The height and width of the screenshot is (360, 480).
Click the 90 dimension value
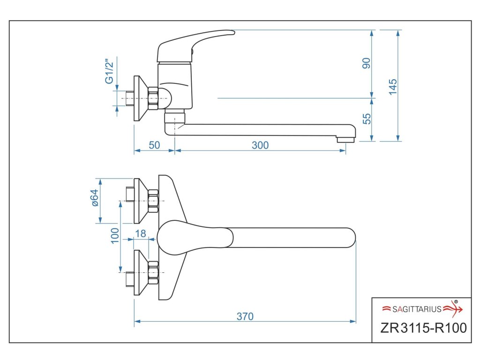coord(367,63)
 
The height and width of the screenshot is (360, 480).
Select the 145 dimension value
coord(393,87)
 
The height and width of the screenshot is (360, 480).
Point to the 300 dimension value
coord(260,145)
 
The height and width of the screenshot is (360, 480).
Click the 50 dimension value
coord(154,145)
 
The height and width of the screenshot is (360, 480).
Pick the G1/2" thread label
coord(109,71)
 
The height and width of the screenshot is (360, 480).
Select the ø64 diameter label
coord(94,197)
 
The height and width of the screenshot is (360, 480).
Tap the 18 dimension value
coord(140,233)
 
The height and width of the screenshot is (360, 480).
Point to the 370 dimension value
coord(245,316)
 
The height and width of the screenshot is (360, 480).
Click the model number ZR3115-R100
coord(423,327)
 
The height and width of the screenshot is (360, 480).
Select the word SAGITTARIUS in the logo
coord(417,309)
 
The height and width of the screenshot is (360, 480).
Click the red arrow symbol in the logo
coord(453,308)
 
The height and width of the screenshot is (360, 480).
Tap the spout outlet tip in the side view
coord(346,139)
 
